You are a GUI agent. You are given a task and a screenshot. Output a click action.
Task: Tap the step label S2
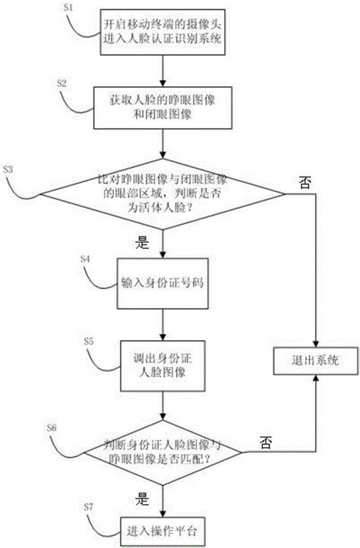pyautogui.click(x=62, y=80)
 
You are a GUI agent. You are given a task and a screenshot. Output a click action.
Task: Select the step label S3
pyautogui.click(x=8, y=168)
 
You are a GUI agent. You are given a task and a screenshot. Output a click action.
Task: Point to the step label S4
pyautogui.click(x=85, y=259)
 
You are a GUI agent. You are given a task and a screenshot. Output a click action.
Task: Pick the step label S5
pyautogui.click(x=88, y=342)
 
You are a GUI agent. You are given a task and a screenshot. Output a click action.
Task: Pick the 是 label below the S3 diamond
pyautogui.click(x=142, y=244)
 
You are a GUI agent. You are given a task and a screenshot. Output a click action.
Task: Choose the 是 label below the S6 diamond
pyautogui.click(x=142, y=500)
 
